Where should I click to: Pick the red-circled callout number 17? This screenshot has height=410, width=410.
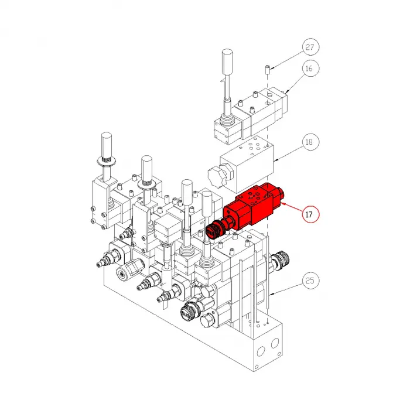coord(310,214)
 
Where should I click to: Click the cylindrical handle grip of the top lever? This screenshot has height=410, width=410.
coord(228,61)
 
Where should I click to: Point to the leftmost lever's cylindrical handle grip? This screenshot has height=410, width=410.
coord(106,143)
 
